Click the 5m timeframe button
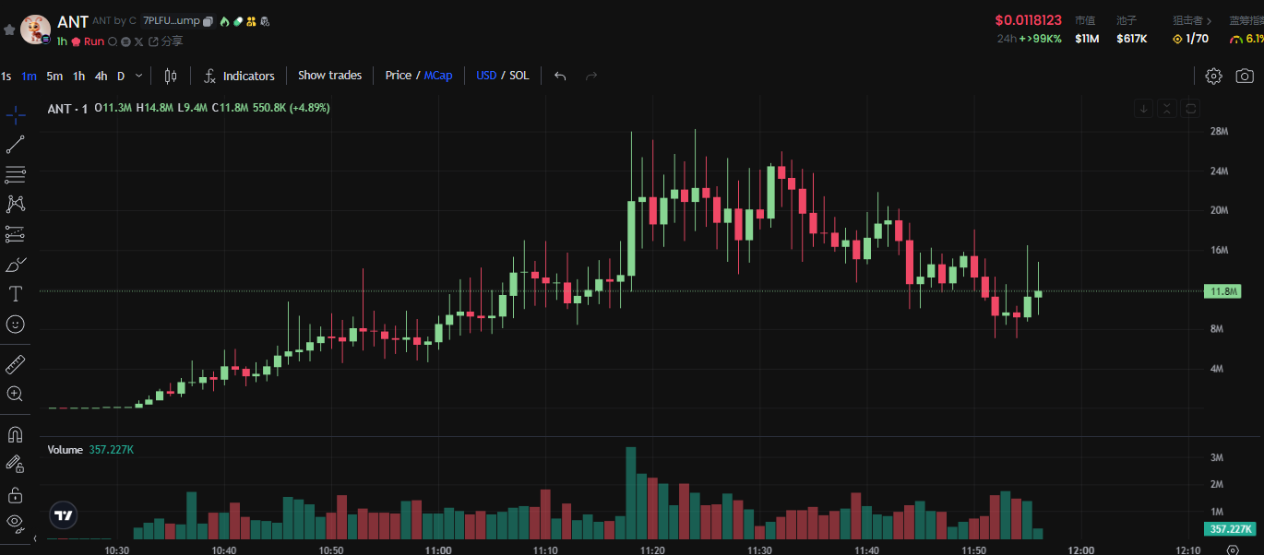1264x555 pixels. [54, 76]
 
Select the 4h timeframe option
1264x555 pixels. [101, 76]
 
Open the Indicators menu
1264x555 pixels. [239, 76]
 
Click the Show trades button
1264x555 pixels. [329, 76]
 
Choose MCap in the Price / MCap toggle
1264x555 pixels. [438, 76]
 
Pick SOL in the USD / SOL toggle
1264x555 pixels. [519, 76]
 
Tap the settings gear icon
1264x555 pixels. [1214, 76]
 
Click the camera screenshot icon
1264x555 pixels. [1245, 76]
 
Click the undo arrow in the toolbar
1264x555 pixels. [560, 76]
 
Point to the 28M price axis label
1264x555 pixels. [1219, 131]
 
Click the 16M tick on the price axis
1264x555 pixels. [1219, 250]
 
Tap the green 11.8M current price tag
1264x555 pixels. [1222, 291]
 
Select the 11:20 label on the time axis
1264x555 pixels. [652, 549]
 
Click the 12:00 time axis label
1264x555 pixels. [1081, 549]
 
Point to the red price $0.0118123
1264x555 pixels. [1028, 20]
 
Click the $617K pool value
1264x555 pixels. [1131, 39]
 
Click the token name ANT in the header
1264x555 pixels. [73, 21]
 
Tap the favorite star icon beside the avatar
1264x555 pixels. [9, 30]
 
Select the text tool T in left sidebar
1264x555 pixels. [16, 294]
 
